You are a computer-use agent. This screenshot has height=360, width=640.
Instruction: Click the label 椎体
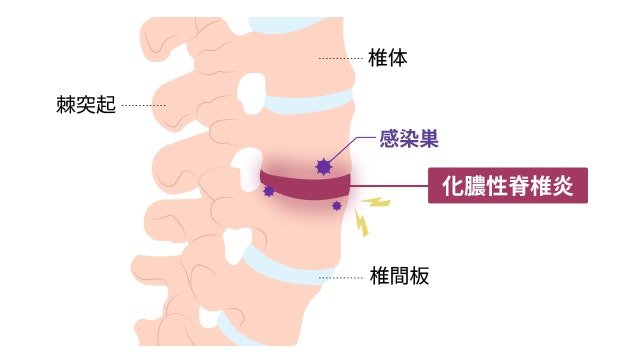click(388, 59)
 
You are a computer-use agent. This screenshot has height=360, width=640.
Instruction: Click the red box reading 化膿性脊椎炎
click(507, 185)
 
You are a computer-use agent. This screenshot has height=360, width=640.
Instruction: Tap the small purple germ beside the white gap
click(268, 190)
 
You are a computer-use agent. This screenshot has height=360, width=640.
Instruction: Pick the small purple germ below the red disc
click(337, 206)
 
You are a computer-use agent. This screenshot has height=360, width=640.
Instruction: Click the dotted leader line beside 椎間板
click(340, 275)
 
